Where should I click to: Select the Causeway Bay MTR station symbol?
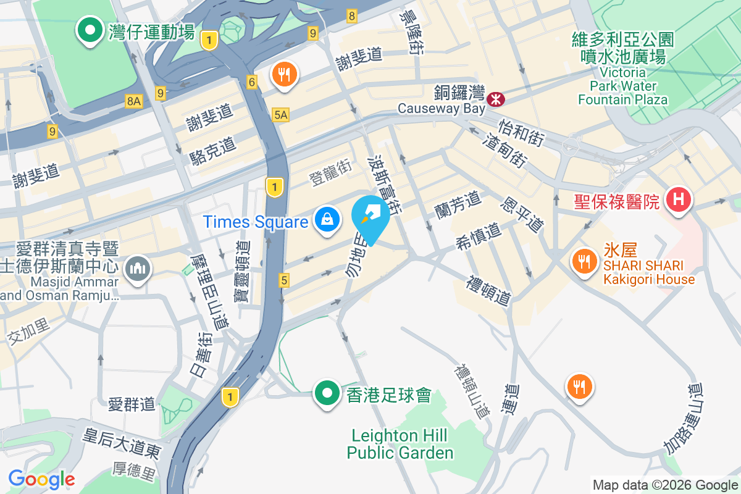[x=495, y=98]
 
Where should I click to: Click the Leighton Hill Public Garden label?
[x=400, y=444]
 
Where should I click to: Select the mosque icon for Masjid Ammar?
[x=136, y=269]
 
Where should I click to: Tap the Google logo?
[x=41, y=479]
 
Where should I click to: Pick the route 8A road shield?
[x=133, y=101]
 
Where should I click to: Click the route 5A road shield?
[x=280, y=114]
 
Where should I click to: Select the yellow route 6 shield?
[x=251, y=82]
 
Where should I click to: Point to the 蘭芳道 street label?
[x=458, y=204]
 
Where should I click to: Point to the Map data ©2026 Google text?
[x=664, y=485]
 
